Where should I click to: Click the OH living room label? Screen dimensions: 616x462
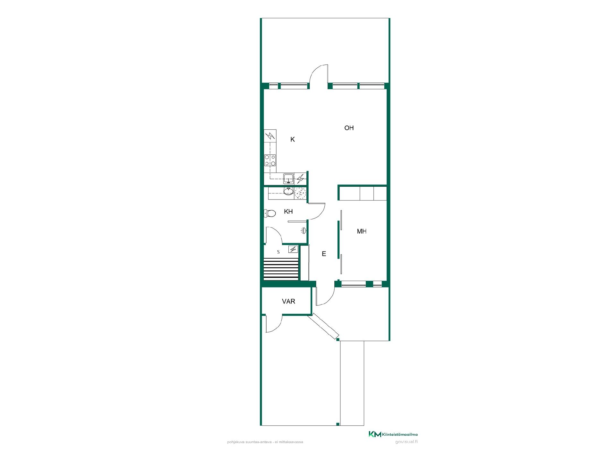[349, 128]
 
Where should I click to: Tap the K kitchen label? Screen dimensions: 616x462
[292, 139]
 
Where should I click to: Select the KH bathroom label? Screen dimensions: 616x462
[288, 211]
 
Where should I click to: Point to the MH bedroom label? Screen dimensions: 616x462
[362, 231]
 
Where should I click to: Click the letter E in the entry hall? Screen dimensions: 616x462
[324, 254]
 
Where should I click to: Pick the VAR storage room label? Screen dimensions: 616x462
[288, 301]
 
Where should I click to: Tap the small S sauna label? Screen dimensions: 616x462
[278, 252]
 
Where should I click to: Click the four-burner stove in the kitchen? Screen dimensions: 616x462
[270, 160]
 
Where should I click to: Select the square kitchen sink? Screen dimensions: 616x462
[289, 178]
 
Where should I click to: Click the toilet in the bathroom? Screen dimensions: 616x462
[270, 213]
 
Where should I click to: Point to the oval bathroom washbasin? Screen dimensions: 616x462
[288, 192]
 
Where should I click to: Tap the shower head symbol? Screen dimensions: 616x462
[304, 230]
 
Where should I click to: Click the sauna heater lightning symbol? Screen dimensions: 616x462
[293, 249]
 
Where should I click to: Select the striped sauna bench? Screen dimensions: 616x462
[281, 269]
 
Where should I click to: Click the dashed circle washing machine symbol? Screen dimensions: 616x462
[300, 193]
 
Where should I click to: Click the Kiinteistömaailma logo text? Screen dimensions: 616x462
[400, 434]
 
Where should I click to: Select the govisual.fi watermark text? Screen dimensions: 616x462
[406, 441]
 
